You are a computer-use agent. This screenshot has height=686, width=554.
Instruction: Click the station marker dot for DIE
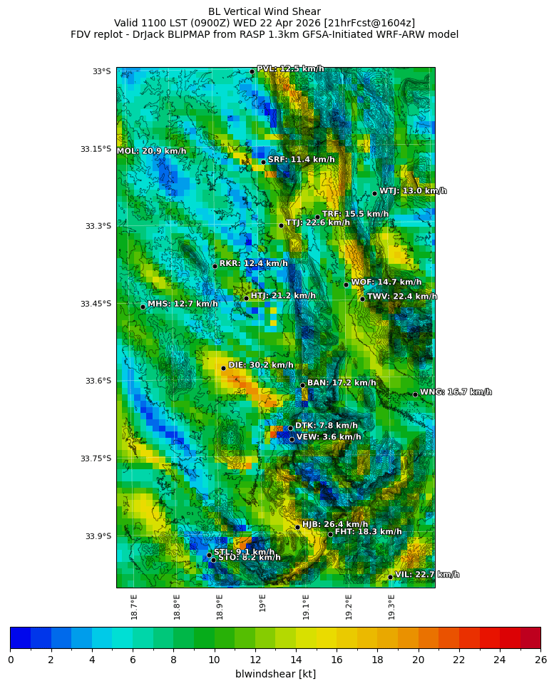(x=223, y=368)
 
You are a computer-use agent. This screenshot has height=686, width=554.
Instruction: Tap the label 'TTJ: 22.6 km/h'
(x=317, y=222)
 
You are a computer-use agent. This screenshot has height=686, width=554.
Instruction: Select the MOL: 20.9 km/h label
(x=151, y=151)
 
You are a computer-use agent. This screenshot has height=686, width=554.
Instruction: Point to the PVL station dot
(x=252, y=71)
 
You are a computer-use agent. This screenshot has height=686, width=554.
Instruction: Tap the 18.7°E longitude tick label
(x=134, y=607)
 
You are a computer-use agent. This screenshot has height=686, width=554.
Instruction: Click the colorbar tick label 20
(x=418, y=660)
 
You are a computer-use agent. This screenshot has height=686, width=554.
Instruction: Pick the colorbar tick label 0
(x=10, y=660)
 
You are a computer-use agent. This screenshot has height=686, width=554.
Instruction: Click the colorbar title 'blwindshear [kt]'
(x=275, y=674)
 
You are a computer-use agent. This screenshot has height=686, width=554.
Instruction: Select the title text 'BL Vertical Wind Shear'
(x=265, y=11)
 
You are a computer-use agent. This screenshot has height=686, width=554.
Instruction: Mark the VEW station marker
(x=292, y=439)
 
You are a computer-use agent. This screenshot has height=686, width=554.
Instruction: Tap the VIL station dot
(x=391, y=577)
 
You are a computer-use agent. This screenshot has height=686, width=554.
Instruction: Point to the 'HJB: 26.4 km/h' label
(x=335, y=524)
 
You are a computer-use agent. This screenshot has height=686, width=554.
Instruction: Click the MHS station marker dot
(x=143, y=307)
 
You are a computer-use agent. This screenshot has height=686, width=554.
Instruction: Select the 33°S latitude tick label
(x=101, y=71)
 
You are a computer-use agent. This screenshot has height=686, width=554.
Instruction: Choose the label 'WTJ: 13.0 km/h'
(x=413, y=191)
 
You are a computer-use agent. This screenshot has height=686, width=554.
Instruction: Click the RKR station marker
(x=215, y=266)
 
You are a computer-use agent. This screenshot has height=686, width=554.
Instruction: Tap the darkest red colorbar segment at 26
(x=530, y=637)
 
